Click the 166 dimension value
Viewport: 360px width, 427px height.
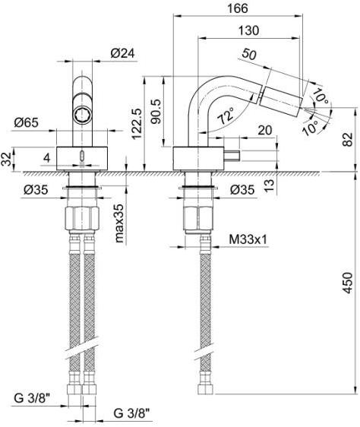[238, 8]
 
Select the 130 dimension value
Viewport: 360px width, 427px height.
[248, 30]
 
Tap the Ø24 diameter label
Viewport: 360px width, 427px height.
[122, 53]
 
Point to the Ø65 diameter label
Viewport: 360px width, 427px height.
[26, 122]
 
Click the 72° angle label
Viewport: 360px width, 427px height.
[226, 115]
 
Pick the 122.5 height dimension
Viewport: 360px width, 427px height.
[137, 123]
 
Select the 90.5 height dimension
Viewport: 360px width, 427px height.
[156, 112]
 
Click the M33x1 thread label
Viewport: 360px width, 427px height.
[248, 239]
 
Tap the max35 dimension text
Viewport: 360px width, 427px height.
[119, 223]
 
